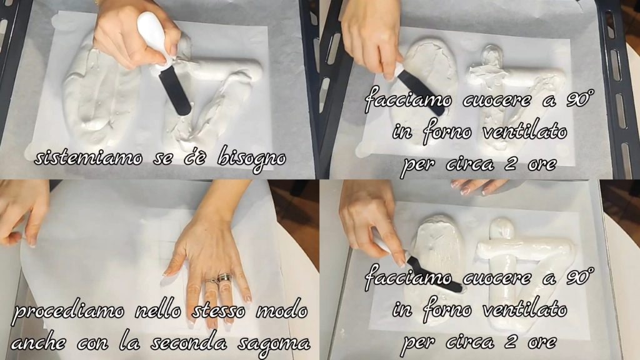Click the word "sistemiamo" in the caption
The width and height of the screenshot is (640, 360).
(89, 158)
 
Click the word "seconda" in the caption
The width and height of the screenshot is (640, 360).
(189, 342)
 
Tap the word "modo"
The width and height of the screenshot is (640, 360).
(282, 311)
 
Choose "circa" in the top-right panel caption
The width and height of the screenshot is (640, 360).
(470, 164)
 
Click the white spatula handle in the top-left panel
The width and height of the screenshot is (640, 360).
(152, 37)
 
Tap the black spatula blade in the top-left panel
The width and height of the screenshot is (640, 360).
(175, 91)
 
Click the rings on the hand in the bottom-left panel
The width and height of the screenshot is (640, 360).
(219, 279)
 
